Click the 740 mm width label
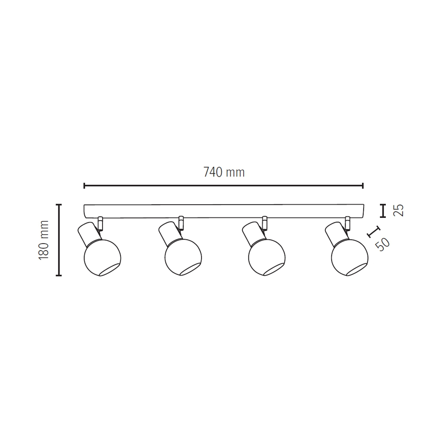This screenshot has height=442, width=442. coord(224,172)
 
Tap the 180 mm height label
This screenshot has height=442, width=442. coord(44,240)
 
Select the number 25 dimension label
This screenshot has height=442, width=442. coord(399,210)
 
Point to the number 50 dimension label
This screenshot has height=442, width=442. coord(382,244)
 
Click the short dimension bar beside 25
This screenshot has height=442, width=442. coord(382,210)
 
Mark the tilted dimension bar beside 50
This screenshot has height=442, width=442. coord(373,232)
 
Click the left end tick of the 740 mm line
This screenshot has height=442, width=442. coord(84,186)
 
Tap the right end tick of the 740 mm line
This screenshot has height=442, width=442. coord(363,186)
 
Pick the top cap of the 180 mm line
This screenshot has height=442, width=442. coord(59,205)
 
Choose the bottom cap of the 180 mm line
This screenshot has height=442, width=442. coord(59,275)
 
